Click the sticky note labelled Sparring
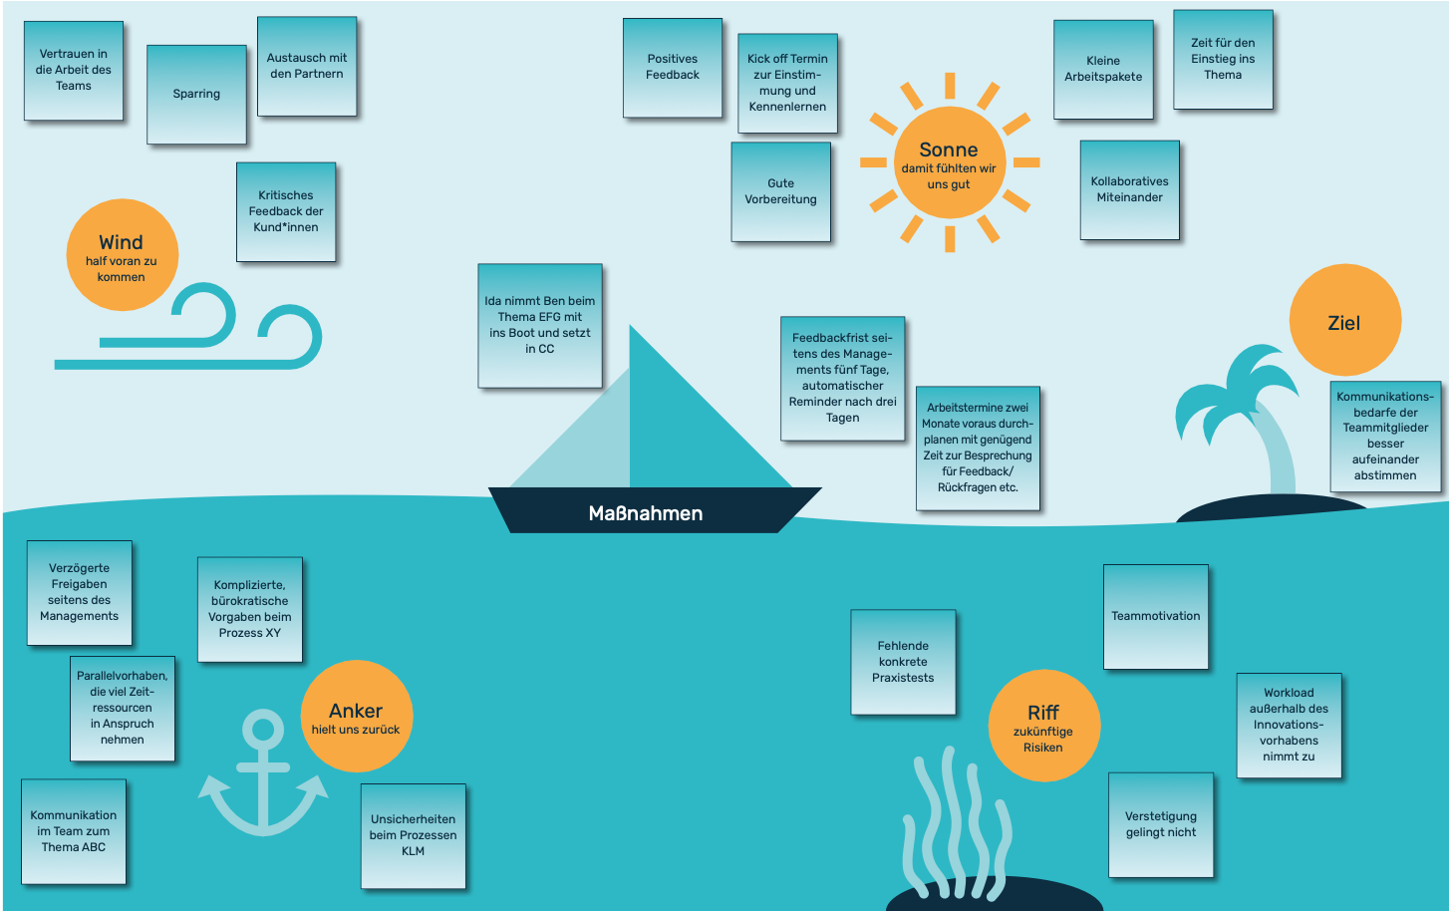(196, 95)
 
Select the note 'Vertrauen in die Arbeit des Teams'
(74, 71)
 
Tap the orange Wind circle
(122, 255)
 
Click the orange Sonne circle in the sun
(949, 162)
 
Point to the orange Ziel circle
(1344, 320)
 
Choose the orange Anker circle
(356, 716)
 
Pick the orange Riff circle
(1043, 726)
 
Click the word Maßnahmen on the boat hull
(646, 513)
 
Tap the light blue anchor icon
(263, 772)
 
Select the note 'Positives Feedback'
(673, 68)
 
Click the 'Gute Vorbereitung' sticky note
(780, 191)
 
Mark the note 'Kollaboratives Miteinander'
(1129, 189)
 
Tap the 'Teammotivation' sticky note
(1156, 616)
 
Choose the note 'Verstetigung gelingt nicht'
(1161, 824)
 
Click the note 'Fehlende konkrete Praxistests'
(903, 662)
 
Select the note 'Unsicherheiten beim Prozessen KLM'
(413, 835)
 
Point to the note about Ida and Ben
(540, 325)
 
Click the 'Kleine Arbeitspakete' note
(1103, 69)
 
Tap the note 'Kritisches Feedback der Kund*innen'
(286, 211)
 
